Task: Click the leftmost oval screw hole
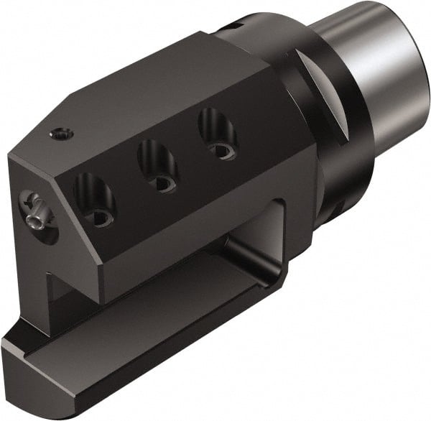coord(95,200)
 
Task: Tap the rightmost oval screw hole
coord(218,134)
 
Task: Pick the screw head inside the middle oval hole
coord(165,182)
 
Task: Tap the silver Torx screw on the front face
coord(35,209)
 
